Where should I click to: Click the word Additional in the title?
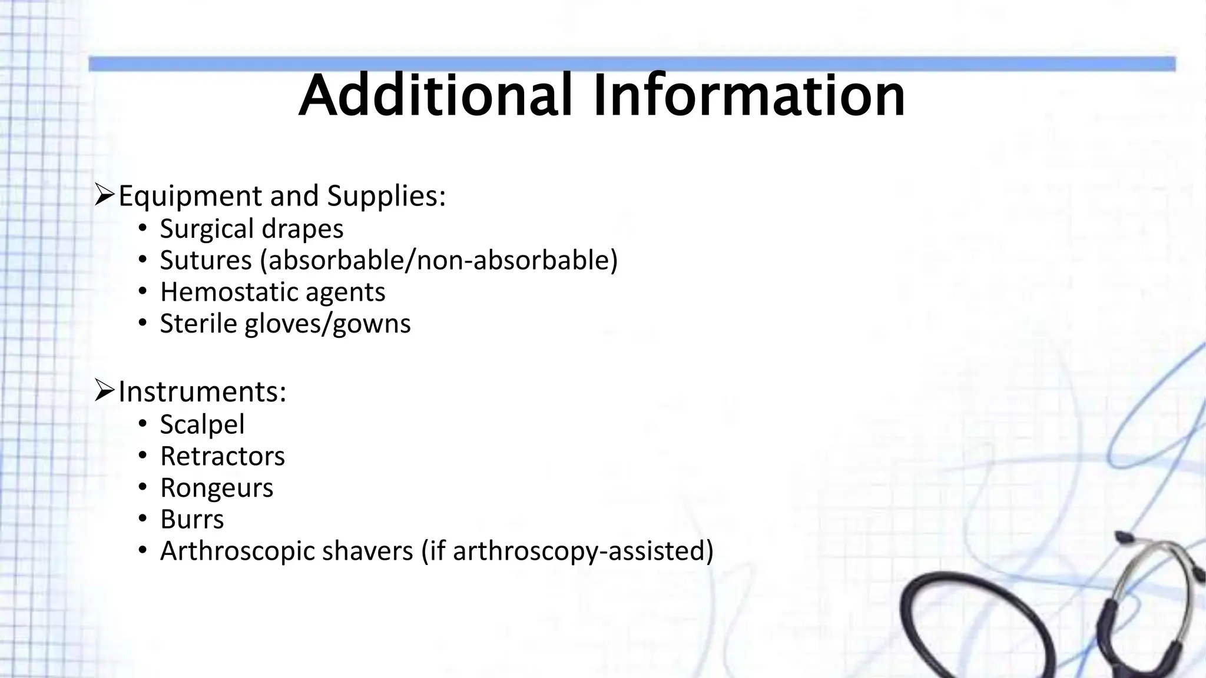click(x=435, y=95)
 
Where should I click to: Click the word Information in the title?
click(x=749, y=95)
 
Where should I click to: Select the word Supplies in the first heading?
click(x=386, y=196)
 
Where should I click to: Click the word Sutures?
click(x=206, y=260)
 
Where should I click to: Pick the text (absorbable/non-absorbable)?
click(x=439, y=260)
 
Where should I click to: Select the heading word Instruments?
click(x=202, y=392)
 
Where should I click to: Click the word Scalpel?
click(x=202, y=424)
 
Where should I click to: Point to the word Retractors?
click(x=222, y=456)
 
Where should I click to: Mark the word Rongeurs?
click(x=217, y=488)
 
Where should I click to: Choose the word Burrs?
click(x=192, y=520)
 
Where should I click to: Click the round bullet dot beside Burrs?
click(x=142, y=519)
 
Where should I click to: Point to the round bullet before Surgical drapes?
click(x=142, y=228)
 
